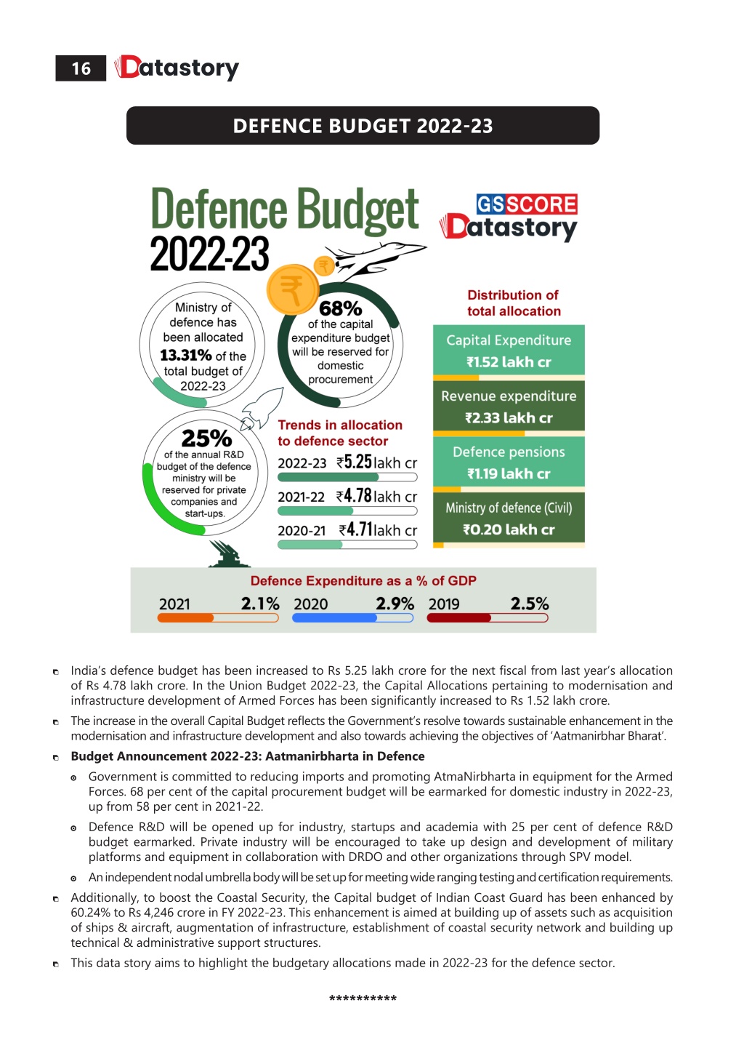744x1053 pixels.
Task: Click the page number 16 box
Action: [81, 68]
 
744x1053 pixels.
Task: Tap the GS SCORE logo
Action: [527, 204]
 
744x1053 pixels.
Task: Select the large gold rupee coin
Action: [292, 289]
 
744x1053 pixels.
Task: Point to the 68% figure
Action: [340, 308]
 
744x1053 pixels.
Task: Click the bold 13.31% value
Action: [185, 355]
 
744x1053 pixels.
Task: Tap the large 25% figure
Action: [206, 438]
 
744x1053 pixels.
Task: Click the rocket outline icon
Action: [262, 408]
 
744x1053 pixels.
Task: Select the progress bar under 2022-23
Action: [347, 478]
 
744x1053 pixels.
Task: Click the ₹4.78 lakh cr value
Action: [376, 496]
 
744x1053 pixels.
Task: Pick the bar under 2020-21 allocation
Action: [347, 545]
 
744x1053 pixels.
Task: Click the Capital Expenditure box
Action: [509, 350]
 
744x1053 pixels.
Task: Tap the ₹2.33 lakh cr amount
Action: [509, 418]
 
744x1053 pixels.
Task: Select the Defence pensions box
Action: [509, 462]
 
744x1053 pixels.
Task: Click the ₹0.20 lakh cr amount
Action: [509, 530]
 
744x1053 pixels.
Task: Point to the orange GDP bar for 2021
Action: [218, 617]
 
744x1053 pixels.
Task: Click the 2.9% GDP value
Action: [395, 604]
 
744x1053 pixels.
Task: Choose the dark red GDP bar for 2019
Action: [487, 617]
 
